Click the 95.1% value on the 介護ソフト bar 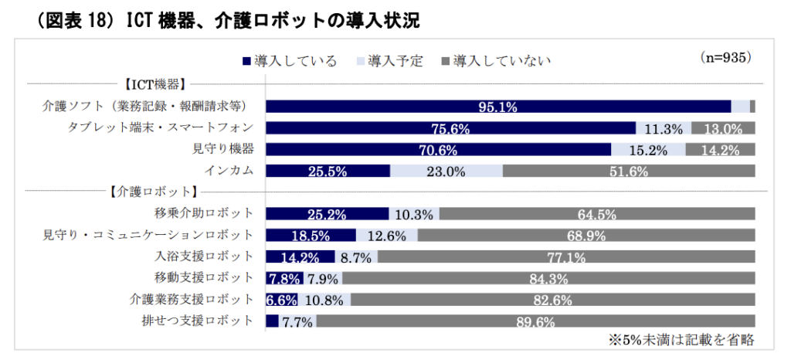tap(498, 107)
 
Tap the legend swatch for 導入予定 tap(360, 61)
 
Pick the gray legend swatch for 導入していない tap(445, 61)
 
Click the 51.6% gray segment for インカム tap(629, 172)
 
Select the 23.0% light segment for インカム tap(446, 172)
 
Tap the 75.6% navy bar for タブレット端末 tap(450, 128)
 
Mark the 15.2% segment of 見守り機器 tap(647, 150)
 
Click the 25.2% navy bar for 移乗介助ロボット tap(327, 214)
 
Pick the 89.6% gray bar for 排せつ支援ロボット tap(535, 321)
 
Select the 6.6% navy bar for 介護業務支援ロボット tap(281, 300)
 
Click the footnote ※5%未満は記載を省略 tap(681, 339)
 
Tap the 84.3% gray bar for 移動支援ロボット tap(548, 278)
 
